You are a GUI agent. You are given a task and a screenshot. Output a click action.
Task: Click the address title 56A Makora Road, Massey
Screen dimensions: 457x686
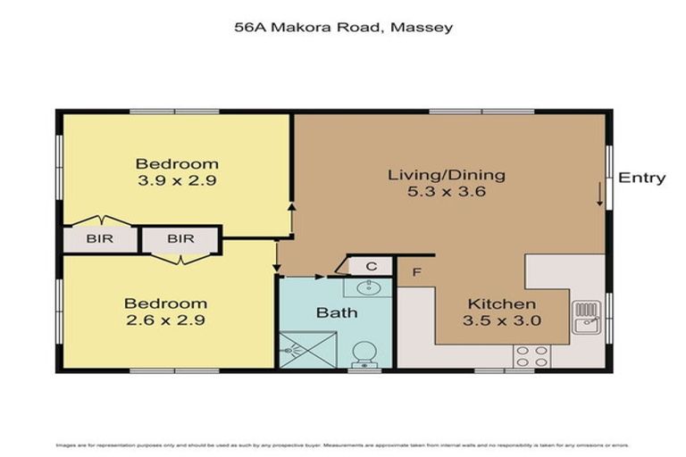343,28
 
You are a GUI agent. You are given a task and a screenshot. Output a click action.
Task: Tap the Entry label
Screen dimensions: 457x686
641,178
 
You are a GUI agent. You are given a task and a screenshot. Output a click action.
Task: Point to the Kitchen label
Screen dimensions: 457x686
501,304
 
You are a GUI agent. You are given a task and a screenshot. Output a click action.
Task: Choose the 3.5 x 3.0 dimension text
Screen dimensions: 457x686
503,321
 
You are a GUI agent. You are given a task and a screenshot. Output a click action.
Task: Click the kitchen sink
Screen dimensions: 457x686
587,317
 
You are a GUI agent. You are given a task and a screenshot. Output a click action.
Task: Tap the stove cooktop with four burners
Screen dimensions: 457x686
531,355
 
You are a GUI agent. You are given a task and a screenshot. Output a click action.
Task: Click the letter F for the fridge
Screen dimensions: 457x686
416,272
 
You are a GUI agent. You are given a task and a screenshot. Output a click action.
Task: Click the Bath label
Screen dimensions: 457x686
337,312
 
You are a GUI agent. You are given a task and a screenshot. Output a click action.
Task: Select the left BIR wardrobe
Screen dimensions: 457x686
100,239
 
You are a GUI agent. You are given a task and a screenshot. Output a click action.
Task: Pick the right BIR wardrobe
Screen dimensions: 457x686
180,239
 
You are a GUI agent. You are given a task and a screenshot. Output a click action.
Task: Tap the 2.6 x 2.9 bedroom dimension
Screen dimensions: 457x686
165,320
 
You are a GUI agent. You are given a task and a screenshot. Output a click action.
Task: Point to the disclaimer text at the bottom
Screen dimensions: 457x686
343,445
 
